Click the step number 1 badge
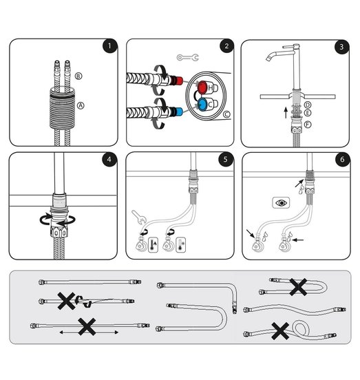point(109,45)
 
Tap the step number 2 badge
point(226,46)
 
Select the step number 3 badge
point(341,47)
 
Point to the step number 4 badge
point(109,160)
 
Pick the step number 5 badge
point(226,159)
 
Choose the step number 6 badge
point(342,160)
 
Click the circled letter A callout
point(81,105)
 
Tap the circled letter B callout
point(78,76)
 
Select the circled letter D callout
point(308,105)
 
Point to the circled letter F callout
point(308,125)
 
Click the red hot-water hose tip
point(179,81)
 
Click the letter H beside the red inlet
point(211,87)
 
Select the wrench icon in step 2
point(188,58)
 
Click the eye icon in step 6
point(281,202)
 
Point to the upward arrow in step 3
point(286,112)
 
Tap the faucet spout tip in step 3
point(268,59)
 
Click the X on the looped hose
point(280,331)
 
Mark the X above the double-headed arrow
point(87,327)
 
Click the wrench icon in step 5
point(138,217)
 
